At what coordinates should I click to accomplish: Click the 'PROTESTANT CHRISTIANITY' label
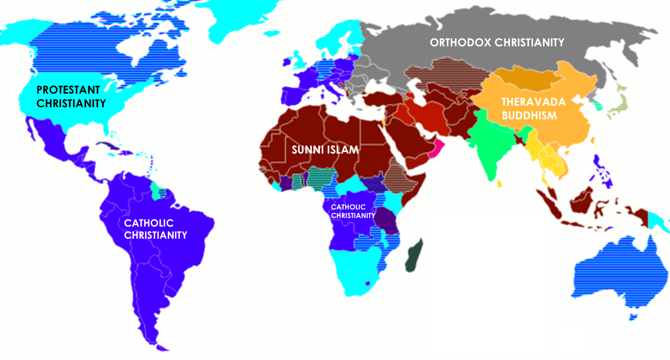pos(71,96)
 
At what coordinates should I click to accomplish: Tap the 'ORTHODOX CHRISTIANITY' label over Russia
pos(497,42)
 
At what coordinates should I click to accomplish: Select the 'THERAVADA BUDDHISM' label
pos(533,108)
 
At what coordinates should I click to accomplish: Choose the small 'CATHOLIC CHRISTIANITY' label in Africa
pos(353,211)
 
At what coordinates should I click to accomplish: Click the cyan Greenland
pos(237,20)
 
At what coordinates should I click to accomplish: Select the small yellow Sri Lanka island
pos(499,183)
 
